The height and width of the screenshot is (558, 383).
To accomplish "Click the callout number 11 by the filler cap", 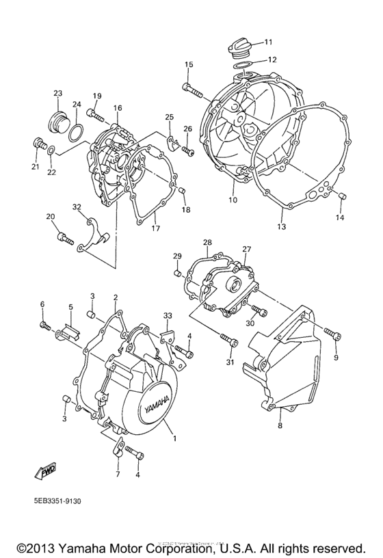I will (268, 41).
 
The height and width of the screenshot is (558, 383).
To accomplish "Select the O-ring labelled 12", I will (242, 66).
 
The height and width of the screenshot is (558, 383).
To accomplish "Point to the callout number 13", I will (281, 226).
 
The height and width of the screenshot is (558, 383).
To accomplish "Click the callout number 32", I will (77, 207).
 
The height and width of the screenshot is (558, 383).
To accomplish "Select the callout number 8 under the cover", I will (279, 425).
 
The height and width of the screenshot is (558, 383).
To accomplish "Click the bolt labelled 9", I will (333, 334).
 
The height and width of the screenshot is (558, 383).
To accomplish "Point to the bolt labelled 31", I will (228, 338).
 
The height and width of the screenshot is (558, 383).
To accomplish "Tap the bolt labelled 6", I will (44, 325).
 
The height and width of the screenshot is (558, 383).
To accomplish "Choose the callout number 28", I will (208, 243).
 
